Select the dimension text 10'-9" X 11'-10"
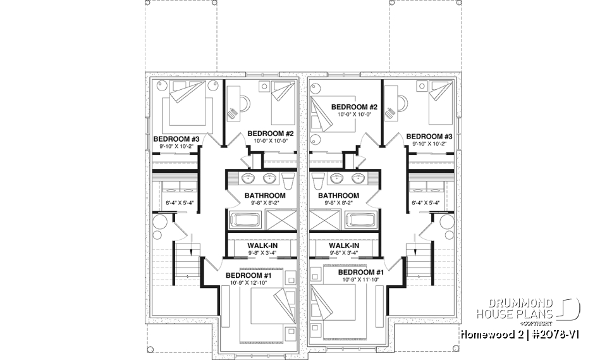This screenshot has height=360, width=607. tap(348, 279)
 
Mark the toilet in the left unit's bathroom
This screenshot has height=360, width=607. tap(288, 180)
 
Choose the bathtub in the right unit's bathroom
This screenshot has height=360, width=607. tap(358, 221)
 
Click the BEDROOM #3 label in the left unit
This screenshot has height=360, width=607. tap(176, 139)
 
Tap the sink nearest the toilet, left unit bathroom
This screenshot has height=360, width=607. tap(269, 177)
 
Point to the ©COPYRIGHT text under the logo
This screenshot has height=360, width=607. tap(537, 323)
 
